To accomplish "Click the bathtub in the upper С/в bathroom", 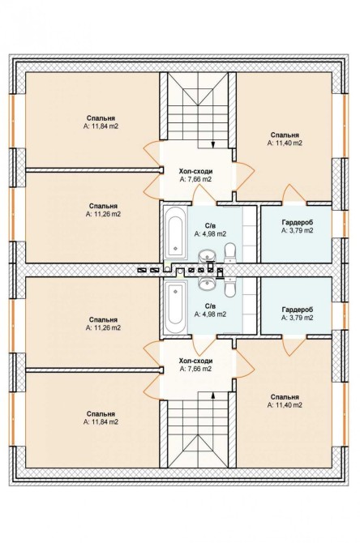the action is (x=175, y=233).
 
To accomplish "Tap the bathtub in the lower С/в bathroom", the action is (x=175, y=307).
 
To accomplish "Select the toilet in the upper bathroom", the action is (x=229, y=254).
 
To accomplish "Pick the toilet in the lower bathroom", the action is (x=229, y=286).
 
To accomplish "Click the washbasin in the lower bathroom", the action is (x=207, y=284).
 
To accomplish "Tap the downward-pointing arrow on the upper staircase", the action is (x=212, y=144).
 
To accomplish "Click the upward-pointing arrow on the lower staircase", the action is (x=212, y=395).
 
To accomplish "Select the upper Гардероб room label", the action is (x=297, y=223).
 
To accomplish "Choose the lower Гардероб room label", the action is (x=297, y=310).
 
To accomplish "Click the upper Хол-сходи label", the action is (x=195, y=172).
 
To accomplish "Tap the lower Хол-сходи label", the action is (x=195, y=361).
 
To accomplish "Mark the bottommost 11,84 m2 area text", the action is (x=101, y=421).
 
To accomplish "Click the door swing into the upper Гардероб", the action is (x=294, y=194).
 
